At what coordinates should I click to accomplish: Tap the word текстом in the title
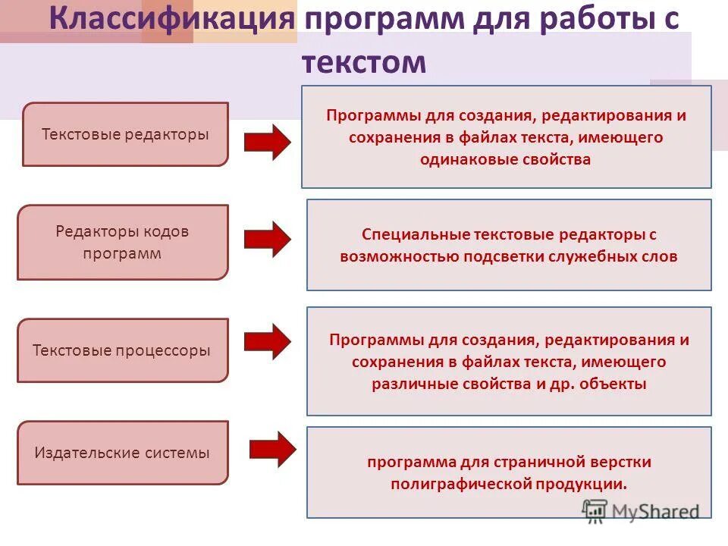point(364,61)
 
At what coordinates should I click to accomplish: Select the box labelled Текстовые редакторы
point(125,134)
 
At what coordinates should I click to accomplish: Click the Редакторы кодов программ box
point(122,242)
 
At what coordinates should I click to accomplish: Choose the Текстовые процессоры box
point(122,350)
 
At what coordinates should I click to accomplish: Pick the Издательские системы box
point(122,453)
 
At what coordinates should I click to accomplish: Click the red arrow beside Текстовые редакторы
point(267,141)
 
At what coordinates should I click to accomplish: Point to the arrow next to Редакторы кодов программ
point(267,239)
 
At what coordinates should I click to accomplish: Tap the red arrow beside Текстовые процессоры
point(267,341)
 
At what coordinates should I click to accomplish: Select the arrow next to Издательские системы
point(272,449)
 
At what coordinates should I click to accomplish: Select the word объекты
point(613,384)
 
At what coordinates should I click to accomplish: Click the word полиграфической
point(463,484)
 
